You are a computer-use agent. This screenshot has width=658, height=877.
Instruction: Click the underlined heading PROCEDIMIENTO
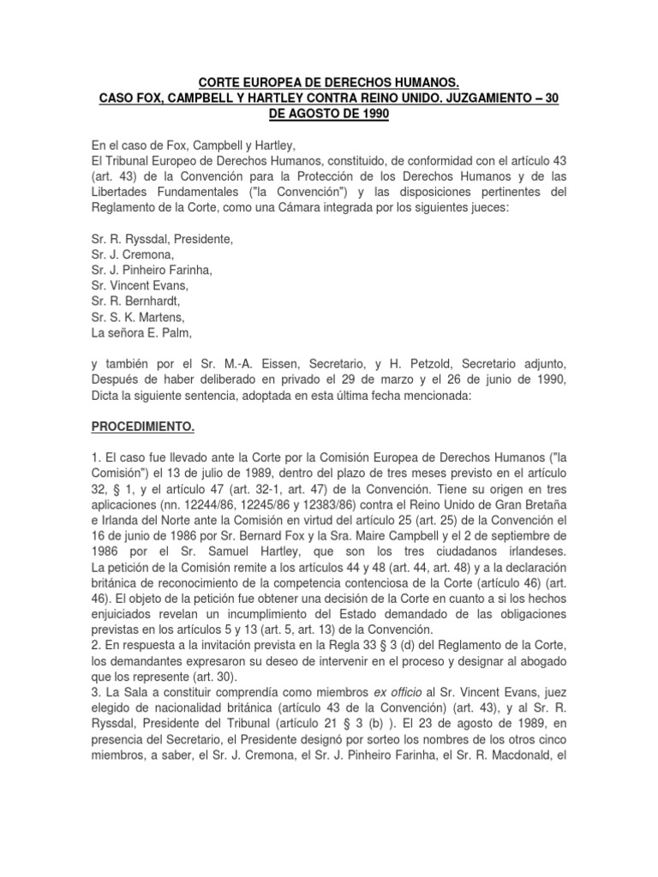pyautogui.click(x=145, y=424)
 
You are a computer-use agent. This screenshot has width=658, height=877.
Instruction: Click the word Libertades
pyautogui.click(x=123, y=191)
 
